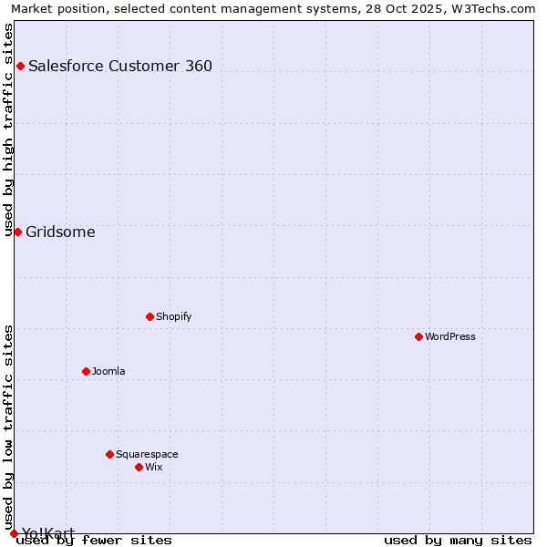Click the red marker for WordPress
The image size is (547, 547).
tap(418, 336)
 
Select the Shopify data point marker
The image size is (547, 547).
tap(150, 316)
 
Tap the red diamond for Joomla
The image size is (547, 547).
tap(86, 371)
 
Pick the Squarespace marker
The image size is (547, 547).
tap(109, 454)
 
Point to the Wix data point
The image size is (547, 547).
tap(139, 467)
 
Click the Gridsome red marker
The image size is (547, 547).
tap(17, 232)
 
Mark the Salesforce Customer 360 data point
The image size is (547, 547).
tap(20, 66)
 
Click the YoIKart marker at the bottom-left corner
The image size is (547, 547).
tap(14, 533)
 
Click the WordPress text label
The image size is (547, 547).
tap(450, 336)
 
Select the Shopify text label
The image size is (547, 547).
tap(173, 316)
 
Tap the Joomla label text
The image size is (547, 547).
tap(108, 371)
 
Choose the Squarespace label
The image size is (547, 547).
tap(147, 454)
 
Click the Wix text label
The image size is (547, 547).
tap(153, 467)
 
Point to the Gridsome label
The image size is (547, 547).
tap(60, 232)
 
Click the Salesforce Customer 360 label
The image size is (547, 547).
tap(120, 66)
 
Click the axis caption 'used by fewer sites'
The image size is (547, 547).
tap(94, 540)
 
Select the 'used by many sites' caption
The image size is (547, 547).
tap(458, 540)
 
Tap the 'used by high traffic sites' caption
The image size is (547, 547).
tap(9, 129)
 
